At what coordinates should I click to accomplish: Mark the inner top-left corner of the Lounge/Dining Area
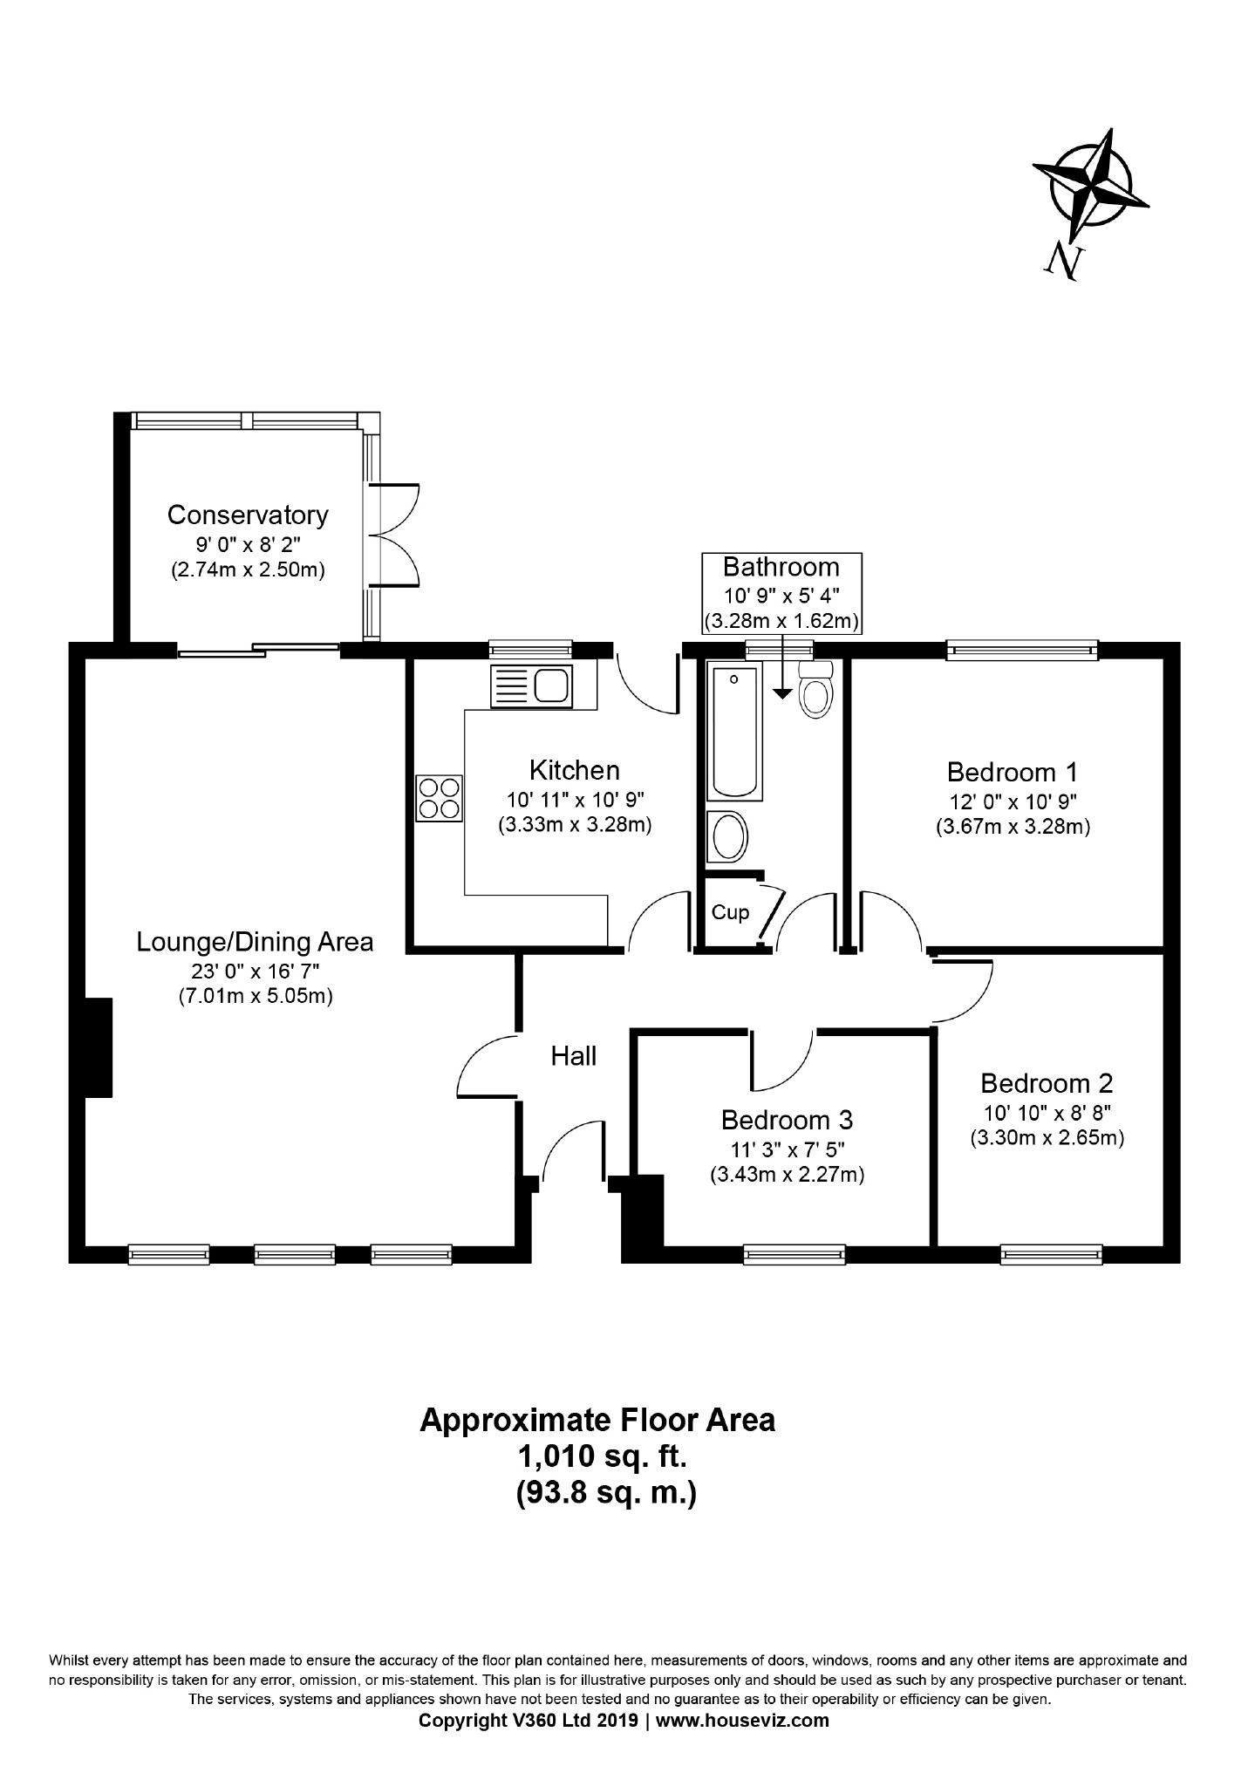pos(85,658)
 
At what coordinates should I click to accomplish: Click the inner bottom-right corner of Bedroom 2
pos(1164,1246)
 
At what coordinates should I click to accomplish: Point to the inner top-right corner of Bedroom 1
pos(1164,658)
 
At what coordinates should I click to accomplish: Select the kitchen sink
pos(530,685)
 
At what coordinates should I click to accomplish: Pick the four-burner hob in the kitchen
pos(440,798)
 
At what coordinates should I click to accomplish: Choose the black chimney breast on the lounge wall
pos(99,1047)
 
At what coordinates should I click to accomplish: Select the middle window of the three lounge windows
pos(295,1255)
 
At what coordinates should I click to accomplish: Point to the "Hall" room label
pos(574,1056)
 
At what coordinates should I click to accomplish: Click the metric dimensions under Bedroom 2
pos(1047,1137)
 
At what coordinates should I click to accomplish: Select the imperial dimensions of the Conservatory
pos(248,544)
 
